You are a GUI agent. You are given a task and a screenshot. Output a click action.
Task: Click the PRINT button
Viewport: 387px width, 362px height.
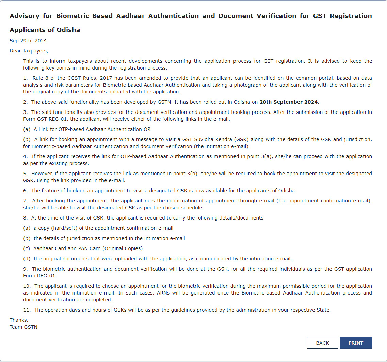(356, 343)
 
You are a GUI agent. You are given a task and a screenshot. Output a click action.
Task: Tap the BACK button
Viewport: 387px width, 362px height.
(322, 343)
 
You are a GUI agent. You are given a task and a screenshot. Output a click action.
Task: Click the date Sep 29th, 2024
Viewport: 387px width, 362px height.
(28, 41)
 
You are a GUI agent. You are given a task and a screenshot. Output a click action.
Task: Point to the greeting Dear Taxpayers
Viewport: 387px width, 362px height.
(29, 51)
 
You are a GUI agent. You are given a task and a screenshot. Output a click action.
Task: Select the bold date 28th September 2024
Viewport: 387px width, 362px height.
(289, 102)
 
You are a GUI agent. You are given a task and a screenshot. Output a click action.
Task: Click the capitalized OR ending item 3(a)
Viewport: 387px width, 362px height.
(147, 129)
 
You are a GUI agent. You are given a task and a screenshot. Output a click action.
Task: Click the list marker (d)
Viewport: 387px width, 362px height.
(27, 259)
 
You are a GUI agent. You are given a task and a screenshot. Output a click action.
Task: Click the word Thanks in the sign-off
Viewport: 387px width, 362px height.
(19, 320)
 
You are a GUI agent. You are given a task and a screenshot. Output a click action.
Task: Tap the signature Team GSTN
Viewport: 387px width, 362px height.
(23, 327)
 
